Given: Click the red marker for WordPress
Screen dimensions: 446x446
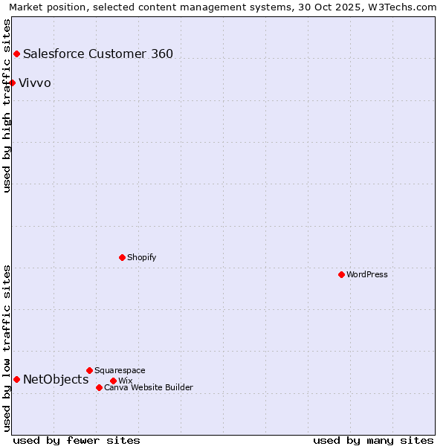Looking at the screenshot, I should point(341,274).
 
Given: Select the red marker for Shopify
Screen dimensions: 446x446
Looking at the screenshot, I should point(122,257).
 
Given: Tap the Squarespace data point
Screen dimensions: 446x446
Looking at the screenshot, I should point(89,370).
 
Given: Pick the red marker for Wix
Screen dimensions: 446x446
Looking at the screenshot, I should point(113,381).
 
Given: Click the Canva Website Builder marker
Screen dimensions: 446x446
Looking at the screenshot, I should point(99,387).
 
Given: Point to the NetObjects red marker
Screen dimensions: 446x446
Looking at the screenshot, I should point(16,379).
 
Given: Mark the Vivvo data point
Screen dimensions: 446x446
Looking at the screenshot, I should point(13,83).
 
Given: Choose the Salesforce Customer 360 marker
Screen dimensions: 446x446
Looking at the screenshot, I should point(16,54).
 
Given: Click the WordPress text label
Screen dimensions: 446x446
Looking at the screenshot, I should point(367,274).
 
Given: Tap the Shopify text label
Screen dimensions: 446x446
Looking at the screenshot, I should point(141,257).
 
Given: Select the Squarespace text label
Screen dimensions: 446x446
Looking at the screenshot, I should point(120,370).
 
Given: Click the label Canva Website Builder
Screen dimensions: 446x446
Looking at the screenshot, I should point(149,387).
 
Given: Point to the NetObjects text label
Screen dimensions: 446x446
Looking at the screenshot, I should point(56,380).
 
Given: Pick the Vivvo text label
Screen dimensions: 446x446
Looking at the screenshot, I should point(35,83).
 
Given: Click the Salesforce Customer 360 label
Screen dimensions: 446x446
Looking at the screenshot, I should point(98,54).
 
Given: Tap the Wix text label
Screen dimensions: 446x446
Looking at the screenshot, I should point(125,381).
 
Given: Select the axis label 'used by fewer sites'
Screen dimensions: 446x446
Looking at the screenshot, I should point(77,440).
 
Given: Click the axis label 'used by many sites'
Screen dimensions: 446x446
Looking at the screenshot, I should point(373,440).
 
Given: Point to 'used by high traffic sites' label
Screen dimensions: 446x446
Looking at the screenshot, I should point(7,106).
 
